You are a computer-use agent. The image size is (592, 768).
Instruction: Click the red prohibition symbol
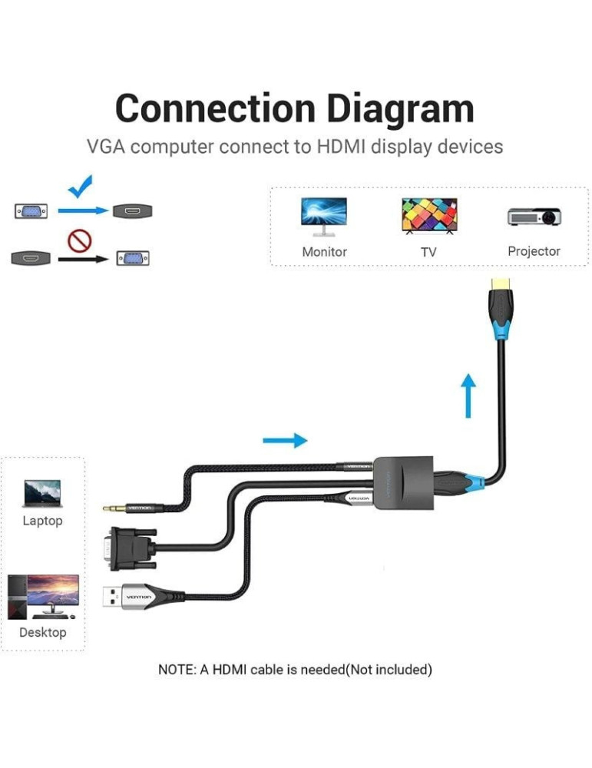point(79,241)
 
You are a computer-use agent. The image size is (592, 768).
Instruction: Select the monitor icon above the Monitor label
point(323,216)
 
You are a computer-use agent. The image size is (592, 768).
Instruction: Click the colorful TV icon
point(428,216)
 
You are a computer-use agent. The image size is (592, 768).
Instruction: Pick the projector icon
point(534,216)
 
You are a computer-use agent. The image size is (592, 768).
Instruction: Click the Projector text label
point(534,251)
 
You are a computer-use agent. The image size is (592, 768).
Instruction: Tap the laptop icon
point(42,493)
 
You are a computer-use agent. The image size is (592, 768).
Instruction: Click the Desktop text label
point(43,632)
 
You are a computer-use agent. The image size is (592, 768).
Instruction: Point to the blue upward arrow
point(468,396)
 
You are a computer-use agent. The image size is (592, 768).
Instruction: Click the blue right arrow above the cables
point(285,440)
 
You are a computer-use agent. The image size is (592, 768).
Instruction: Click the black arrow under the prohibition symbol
point(84,260)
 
